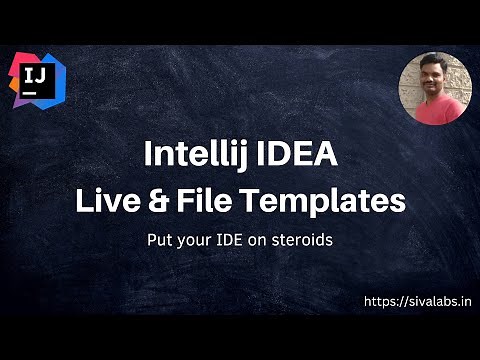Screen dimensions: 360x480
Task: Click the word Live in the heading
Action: pos(102,200)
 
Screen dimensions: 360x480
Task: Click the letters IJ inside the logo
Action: pos(32,72)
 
